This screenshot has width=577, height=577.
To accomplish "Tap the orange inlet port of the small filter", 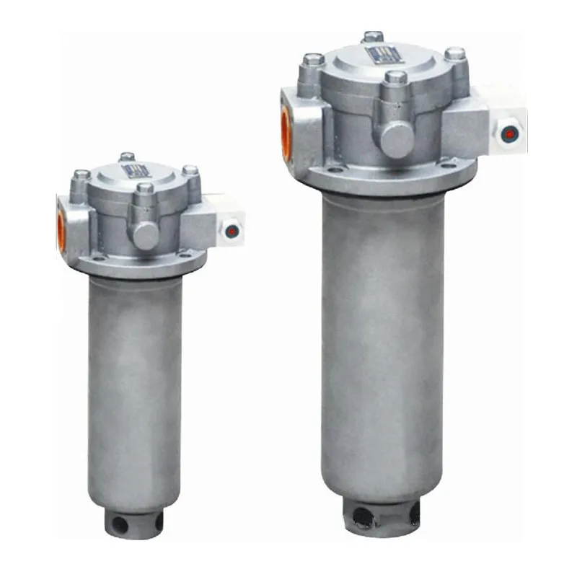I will pos(61,230).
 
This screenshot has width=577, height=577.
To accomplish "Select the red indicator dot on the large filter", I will pos(510,133).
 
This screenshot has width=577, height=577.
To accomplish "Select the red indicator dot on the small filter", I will pos(232,232).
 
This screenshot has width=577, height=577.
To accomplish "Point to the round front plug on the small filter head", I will pos(145,235).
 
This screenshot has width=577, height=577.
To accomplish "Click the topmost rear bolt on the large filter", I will pos(373,36).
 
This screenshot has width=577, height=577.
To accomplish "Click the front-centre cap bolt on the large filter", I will pos(395,78).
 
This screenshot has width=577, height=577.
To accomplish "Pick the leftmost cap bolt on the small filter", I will pos(82,175).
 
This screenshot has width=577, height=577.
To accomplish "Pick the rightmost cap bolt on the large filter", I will pos(454,55).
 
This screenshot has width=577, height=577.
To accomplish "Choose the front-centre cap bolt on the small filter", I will pos(145,190).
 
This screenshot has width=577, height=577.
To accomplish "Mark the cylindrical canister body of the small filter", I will pos(136,389).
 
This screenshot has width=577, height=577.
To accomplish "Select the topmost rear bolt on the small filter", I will pos(128,157).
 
